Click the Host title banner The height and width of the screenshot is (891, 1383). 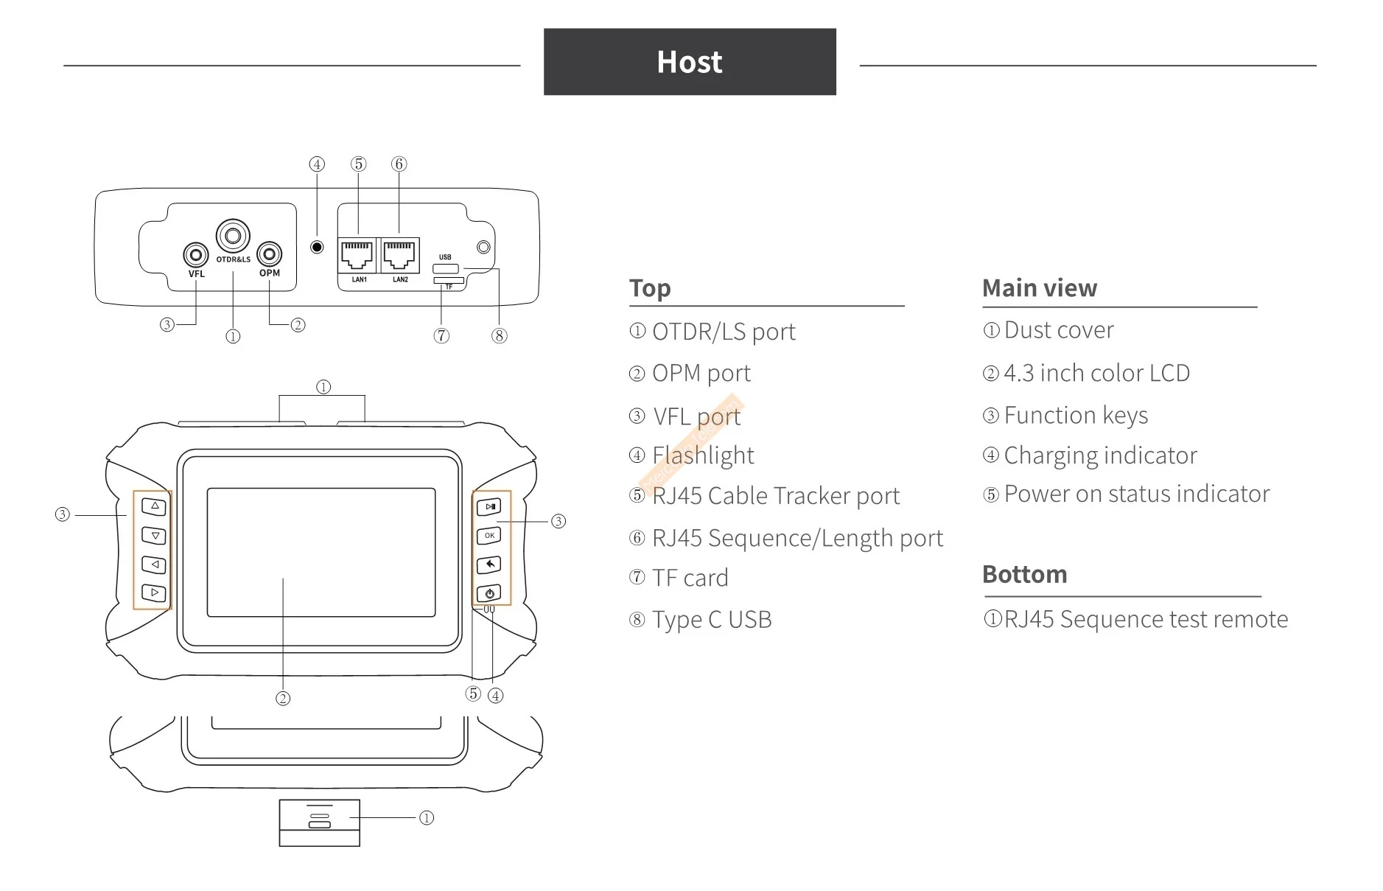coord(689,62)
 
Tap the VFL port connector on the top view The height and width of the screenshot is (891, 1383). coord(195,255)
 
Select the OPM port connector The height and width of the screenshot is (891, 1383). coord(270,254)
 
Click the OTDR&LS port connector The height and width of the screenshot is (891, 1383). coord(233,236)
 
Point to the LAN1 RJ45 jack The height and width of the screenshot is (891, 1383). coord(357,255)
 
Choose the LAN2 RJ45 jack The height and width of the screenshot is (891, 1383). coord(399,255)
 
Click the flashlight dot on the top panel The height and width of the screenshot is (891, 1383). coord(317,247)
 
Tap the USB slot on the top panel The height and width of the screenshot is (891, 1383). coord(446,268)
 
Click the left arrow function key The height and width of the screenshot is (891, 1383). coord(154,565)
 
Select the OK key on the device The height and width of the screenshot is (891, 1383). coord(489,536)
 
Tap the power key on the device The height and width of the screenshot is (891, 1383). coord(489,593)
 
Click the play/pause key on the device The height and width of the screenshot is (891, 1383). coord(489,507)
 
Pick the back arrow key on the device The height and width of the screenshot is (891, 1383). coord(489,565)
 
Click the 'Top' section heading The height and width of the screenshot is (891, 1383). coord(650,288)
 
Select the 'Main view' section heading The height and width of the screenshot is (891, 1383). coord(1040,288)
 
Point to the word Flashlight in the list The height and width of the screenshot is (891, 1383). coord(703,455)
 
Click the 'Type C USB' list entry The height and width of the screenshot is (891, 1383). coord(712,620)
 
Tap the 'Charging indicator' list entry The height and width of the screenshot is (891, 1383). coord(1100,455)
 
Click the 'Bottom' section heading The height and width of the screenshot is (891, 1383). coord(1024,574)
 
